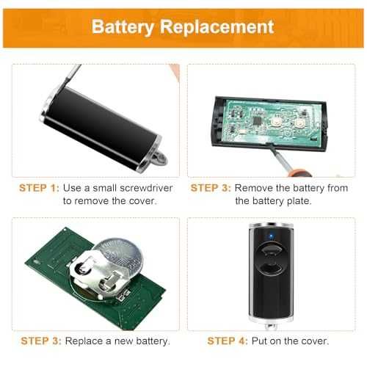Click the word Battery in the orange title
tap(123, 27)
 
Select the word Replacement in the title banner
tap(217, 27)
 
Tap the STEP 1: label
tap(39, 188)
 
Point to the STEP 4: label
tap(228, 341)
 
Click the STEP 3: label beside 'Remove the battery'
tap(211, 188)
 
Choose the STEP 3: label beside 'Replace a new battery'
tap(41, 341)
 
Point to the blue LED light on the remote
tap(271, 236)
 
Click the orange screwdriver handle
tap(299, 173)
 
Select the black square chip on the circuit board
tap(257, 120)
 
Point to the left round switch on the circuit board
tap(276, 120)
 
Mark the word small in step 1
tap(104, 188)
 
